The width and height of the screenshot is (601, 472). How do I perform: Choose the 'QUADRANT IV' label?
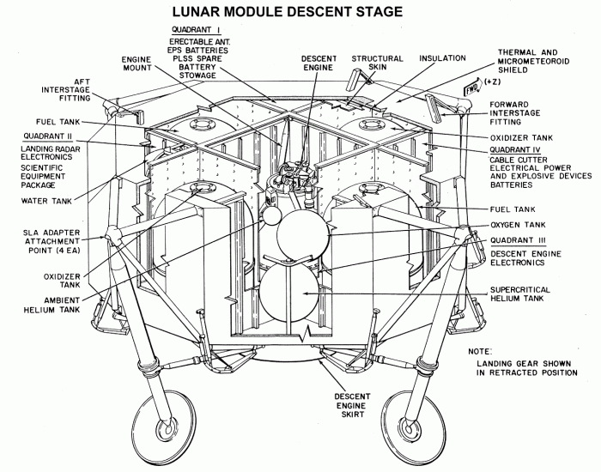pos(518,148)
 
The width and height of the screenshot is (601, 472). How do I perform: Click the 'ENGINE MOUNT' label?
pos(135,67)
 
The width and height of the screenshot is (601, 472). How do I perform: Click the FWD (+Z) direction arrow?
pos(472,88)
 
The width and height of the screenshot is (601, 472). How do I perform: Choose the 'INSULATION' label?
pos(442,59)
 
